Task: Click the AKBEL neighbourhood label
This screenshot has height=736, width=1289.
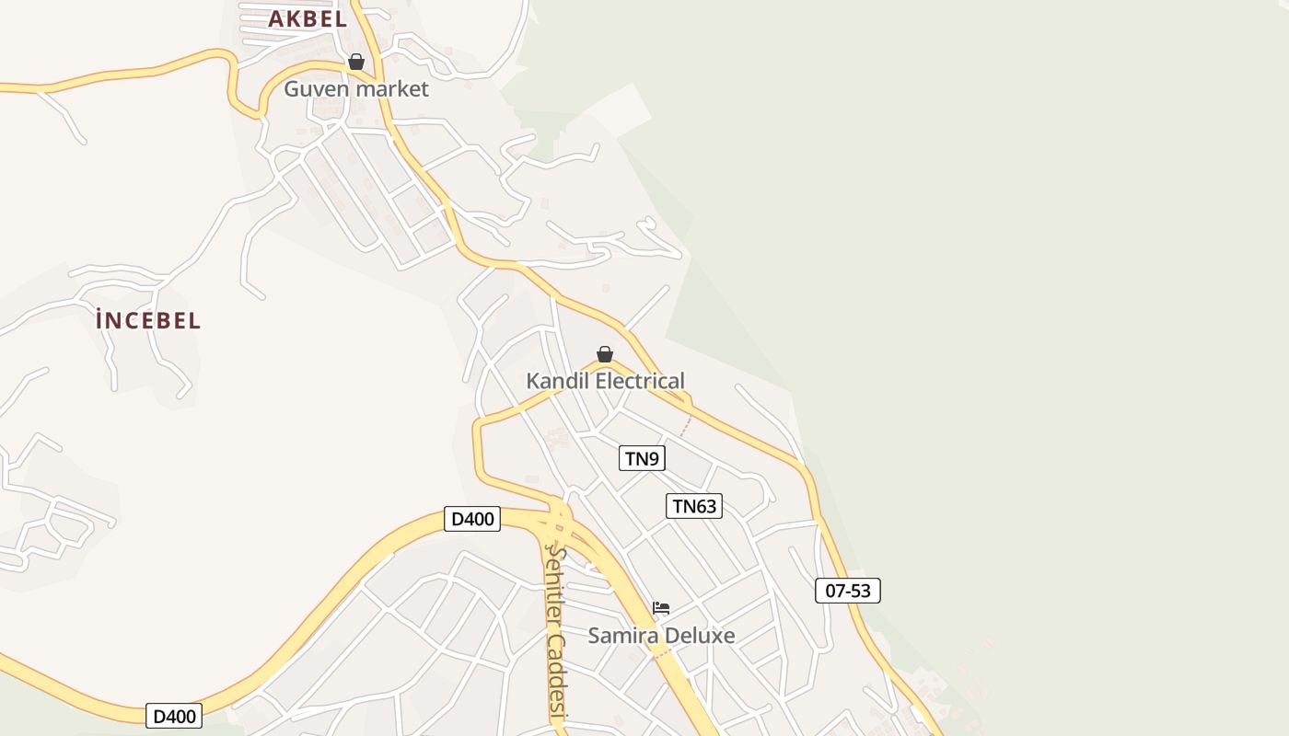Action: click(x=308, y=18)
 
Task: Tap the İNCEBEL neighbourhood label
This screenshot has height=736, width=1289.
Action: click(x=148, y=321)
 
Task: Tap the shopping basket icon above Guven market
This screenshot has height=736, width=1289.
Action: click(x=356, y=62)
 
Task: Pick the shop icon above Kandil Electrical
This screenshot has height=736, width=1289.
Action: click(x=605, y=354)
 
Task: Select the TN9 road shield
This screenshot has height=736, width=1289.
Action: click(x=642, y=458)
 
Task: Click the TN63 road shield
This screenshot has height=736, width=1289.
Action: click(x=694, y=506)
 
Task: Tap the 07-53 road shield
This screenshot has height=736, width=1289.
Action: click(x=848, y=591)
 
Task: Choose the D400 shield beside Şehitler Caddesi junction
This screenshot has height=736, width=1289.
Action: click(x=472, y=519)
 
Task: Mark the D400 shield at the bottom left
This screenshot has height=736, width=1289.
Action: click(x=174, y=716)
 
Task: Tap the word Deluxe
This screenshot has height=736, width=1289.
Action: click(x=700, y=636)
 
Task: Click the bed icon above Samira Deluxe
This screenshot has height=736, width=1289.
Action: click(x=661, y=608)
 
